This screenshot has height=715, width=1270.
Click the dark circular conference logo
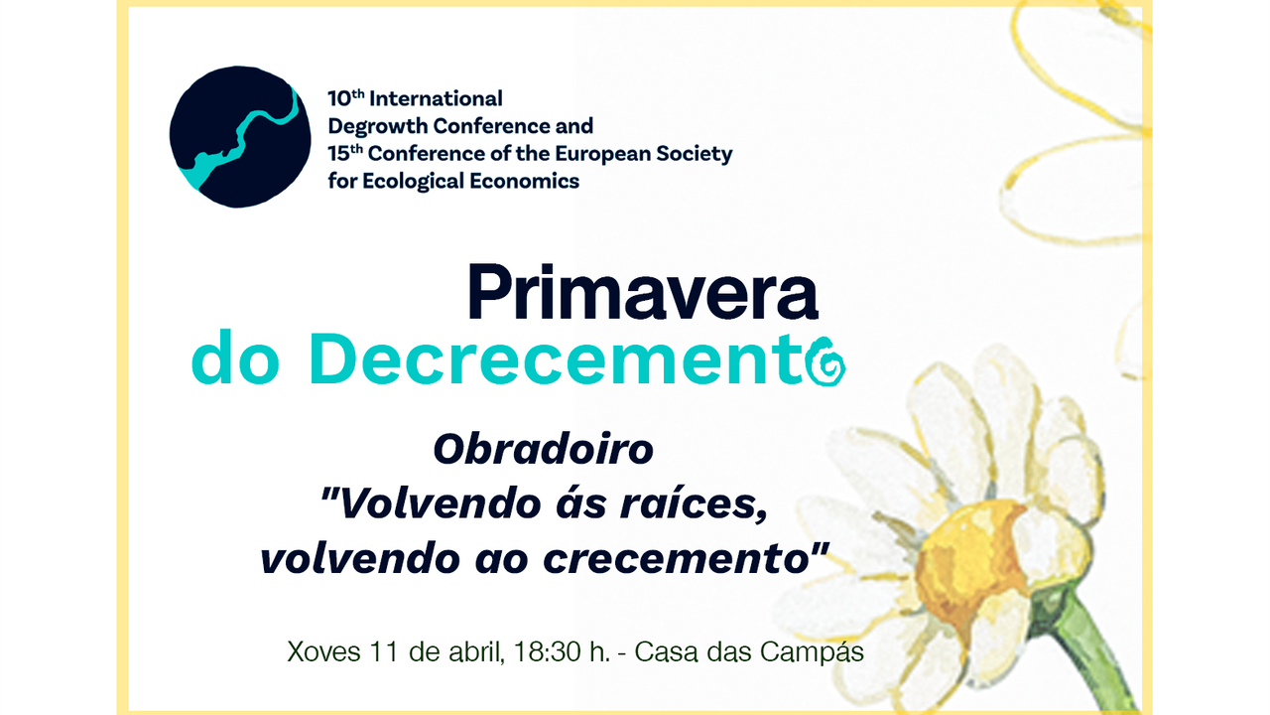[240, 137]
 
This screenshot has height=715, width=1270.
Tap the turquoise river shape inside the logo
[238, 142]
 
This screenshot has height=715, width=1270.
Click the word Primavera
[643, 293]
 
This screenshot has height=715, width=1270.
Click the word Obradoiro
[543, 450]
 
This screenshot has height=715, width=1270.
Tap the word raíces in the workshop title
[694, 503]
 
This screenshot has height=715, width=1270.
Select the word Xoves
[323, 652]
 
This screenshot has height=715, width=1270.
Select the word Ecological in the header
[414, 182]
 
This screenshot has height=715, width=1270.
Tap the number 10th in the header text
[346, 98]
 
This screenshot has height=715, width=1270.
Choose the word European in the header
[603, 154]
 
